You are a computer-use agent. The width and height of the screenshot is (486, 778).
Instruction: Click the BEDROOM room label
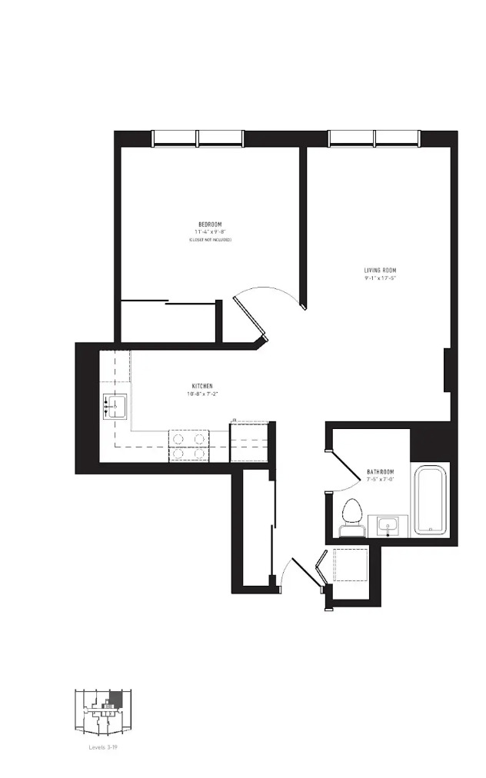[210, 224]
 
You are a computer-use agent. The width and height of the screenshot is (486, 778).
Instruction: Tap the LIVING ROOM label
[381, 270]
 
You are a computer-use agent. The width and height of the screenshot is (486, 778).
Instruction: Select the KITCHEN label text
[202, 386]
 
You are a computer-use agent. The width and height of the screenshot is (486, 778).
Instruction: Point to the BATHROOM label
[380, 471]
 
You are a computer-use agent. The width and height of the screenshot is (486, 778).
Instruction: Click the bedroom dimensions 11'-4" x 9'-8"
[210, 231]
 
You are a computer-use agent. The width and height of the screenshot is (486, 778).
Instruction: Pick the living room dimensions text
[381, 278]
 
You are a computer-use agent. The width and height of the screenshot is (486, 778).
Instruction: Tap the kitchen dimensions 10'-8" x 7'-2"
[202, 394]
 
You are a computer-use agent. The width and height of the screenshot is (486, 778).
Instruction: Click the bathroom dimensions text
[380, 479]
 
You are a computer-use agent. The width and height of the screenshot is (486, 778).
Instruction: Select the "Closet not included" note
[210, 240]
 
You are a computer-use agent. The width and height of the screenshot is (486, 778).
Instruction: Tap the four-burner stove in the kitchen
[189, 446]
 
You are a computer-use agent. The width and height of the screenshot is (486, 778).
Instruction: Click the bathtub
[430, 500]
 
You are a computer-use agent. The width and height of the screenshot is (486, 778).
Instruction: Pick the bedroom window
[198, 138]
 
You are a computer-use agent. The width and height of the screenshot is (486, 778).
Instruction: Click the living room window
[374, 138]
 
